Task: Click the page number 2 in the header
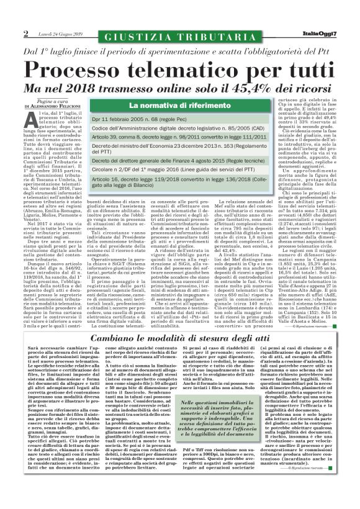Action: click(x=25, y=32)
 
